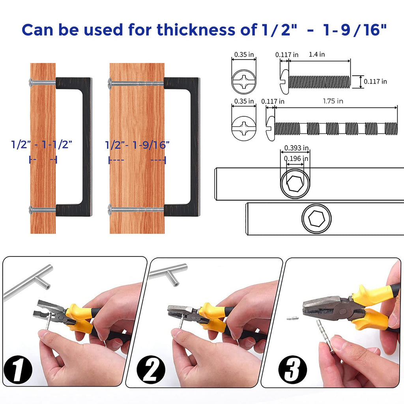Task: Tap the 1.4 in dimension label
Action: click(x=317, y=54)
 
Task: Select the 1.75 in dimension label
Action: click(x=333, y=101)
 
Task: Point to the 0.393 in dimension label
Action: click(x=296, y=148)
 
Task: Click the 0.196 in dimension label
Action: click(x=296, y=159)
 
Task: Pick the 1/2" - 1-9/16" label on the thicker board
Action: click(x=137, y=145)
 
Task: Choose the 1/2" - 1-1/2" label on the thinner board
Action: click(x=41, y=144)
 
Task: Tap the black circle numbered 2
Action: click(x=151, y=369)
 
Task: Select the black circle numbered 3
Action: click(x=293, y=369)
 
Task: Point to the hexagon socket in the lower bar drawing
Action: click(x=316, y=219)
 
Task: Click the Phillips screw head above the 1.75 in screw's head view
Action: click(x=244, y=82)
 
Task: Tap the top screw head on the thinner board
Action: click(x=31, y=82)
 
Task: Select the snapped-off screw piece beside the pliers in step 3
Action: click(x=293, y=319)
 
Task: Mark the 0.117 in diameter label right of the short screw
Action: click(x=375, y=81)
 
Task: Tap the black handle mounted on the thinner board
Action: click(x=74, y=147)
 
